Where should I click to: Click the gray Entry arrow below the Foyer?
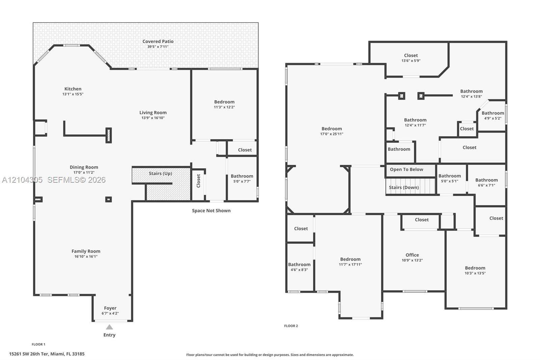click(x=109, y=327)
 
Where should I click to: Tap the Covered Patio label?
click(x=158, y=41)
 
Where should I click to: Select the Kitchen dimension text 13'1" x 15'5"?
click(x=73, y=94)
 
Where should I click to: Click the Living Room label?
click(x=153, y=112)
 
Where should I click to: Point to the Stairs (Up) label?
click(x=160, y=174)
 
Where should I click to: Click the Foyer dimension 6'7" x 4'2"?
click(x=110, y=313)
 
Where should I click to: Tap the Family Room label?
click(x=86, y=251)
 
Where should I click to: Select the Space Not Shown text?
click(x=211, y=211)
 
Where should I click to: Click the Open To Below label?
click(x=406, y=170)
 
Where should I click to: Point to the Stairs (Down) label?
click(x=404, y=187)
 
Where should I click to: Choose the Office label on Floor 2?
click(x=412, y=255)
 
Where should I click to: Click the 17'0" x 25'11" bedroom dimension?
click(x=332, y=134)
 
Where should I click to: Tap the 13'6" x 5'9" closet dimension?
click(x=411, y=61)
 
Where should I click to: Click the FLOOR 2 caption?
click(x=291, y=326)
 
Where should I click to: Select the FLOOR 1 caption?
click(x=38, y=344)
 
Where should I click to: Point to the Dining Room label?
click(x=84, y=167)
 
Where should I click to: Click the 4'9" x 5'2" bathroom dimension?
click(x=493, y=119)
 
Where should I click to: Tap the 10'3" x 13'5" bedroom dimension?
click(x=475, y=273)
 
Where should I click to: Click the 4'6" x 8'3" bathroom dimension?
click(x=299, y=270)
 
